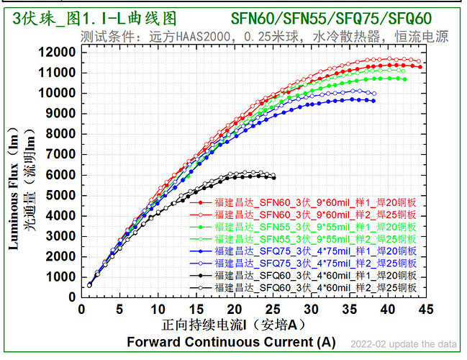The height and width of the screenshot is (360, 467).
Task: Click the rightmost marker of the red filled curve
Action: click(x=420, y=66)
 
